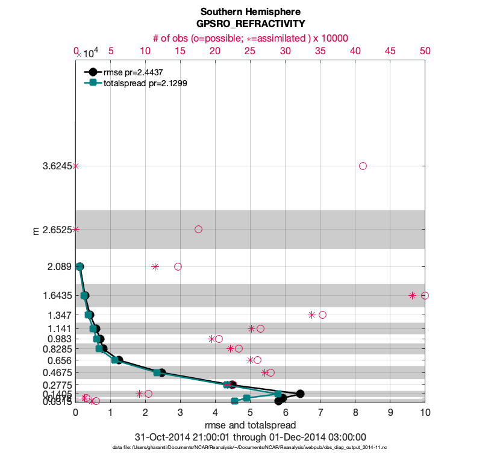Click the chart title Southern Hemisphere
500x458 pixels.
pos(250,11)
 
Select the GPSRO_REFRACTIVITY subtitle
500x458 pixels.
pos(250,24)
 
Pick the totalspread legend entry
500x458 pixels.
pos(145,84)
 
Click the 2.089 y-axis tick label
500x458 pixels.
pos(60,266)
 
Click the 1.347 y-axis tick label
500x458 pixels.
pos(60,315)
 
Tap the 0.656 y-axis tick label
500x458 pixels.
pos(60,360)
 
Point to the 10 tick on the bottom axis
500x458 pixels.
pos(425,413)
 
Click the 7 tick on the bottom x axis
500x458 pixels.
pos(320,413)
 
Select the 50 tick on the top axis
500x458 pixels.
pos(425,52)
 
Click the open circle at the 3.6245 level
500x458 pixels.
pos(363,166)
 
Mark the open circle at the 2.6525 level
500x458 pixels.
pos(198,229)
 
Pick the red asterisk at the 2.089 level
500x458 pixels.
pos(155,266)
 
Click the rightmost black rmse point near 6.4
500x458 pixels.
pos(300,394)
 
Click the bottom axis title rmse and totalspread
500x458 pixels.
pos(250,425)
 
